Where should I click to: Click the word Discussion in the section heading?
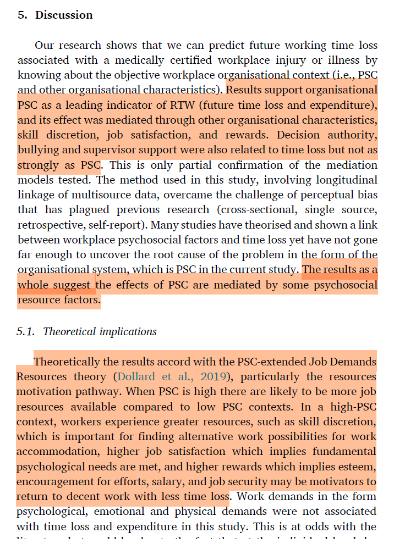(x=64, y=15)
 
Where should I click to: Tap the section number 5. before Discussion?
(x=23, y=15)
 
